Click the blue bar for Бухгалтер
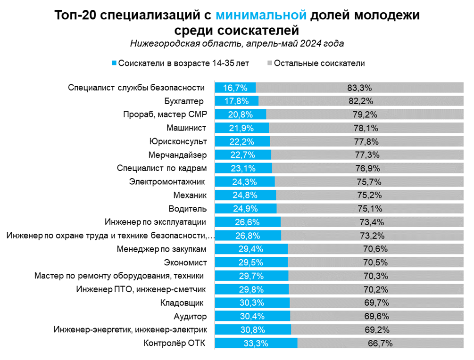pos(236,101)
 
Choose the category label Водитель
pos(187,209)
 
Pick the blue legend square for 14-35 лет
pos(113,63)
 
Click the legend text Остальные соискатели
pos(319,63)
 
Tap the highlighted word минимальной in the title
pos(262,16)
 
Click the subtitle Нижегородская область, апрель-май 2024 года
pos(237,44)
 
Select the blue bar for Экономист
pos(251,262)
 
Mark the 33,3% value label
pos(256,344)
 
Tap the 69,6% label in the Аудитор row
pos(370,316)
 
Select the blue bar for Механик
pos(245,195)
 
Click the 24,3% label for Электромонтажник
pos(244,182)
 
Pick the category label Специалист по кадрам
pos(161,168)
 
